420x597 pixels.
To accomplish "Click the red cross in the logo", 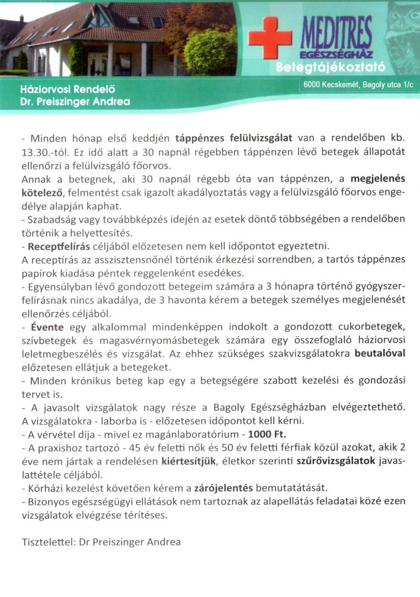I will click(270, 36).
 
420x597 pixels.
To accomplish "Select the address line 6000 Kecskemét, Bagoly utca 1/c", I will click(358, 84).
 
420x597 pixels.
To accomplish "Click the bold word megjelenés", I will click(378, 180).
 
